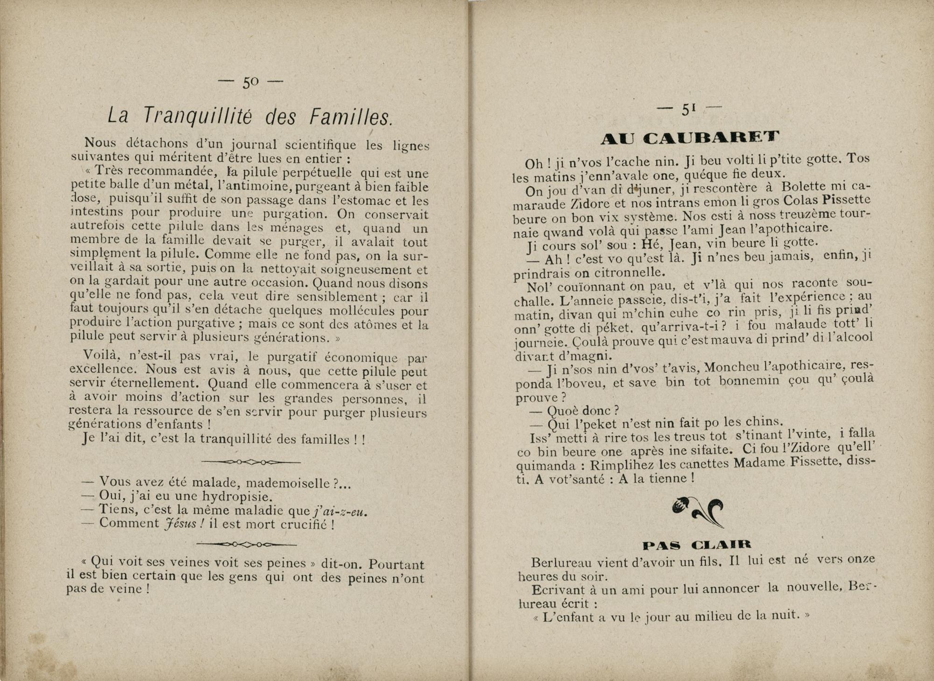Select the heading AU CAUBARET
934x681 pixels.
[690, 138]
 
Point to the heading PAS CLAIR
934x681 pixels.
[697, 545]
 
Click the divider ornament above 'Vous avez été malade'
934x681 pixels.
[251, 462]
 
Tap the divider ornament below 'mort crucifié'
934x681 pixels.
[247, 544]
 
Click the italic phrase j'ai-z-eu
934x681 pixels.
[341, 511]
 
